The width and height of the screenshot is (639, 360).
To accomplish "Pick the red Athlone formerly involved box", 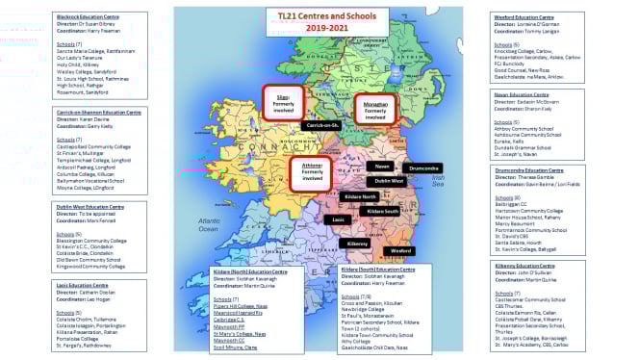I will (x=311, y=174).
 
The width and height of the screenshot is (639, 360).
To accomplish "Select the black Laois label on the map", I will (x=338, y=219).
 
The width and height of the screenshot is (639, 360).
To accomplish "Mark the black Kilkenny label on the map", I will (x=358, y=244).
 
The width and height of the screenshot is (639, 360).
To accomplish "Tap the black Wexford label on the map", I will (x=400, y=250).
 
